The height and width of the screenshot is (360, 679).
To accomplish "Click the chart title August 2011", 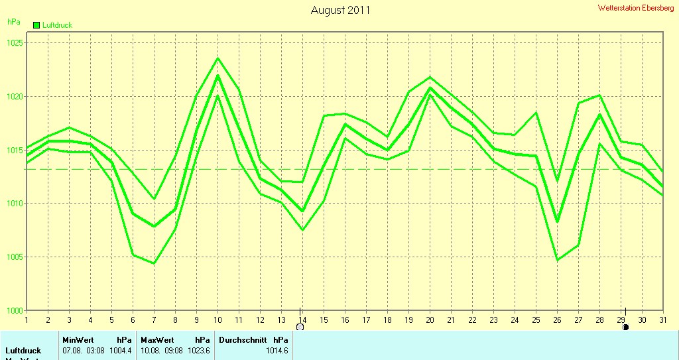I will click(x=340, y=11).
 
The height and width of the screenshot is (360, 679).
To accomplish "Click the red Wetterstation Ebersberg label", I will click(x=636, y=8).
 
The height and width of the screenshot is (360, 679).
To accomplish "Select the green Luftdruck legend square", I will click(x=36, y=25).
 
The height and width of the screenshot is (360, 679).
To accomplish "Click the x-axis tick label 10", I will click(x=217, y=320).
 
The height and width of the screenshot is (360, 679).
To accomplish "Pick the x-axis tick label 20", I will click(x=430, y=320).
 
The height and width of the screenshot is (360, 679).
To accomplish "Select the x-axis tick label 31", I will click(x=662, y=320).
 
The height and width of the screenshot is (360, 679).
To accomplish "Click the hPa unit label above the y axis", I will click(x=13, y=22).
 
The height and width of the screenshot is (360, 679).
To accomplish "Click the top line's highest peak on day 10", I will click(x=217, y=58).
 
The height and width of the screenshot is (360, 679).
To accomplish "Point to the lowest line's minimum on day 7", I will click(x=154, y=263).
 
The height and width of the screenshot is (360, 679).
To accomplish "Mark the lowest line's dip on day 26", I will click(x=557, y=260).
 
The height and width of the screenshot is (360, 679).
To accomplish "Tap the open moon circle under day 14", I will click(x=300, y=327).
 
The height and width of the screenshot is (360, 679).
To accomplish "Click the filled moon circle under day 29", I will click(x=625, y=327).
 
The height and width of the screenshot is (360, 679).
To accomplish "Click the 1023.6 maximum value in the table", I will click(x=198, y=350).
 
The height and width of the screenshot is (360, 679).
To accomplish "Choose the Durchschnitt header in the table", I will click(x=243, y=339).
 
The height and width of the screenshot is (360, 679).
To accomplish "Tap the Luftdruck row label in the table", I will click(x=23, y=350).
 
